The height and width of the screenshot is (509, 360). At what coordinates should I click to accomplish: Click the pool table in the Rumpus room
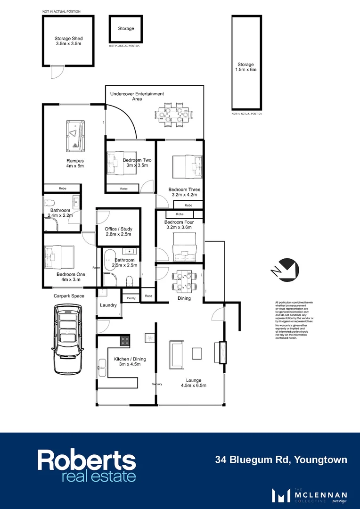tap(75, 135)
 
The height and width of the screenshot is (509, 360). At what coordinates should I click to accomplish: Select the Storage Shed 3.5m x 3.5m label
tap(68, 41)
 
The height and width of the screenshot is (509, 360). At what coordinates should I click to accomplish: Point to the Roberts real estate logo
tap(87, 466)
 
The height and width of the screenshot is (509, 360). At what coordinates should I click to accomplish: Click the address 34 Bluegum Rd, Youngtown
tap(281, 460)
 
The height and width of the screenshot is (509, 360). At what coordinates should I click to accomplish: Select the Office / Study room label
tap(118, 231)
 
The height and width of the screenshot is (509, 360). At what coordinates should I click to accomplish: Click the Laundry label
tap(108, 305)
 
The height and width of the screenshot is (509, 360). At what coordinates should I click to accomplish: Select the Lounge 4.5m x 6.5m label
tap(193, 383)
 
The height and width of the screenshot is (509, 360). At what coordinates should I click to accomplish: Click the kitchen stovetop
tap(125, 339)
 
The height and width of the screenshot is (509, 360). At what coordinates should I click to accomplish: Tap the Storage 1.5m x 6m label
tap(245, 67)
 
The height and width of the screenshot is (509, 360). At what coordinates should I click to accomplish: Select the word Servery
tap(157, 384)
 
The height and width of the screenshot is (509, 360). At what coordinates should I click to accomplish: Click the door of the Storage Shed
tap(57, 72)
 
